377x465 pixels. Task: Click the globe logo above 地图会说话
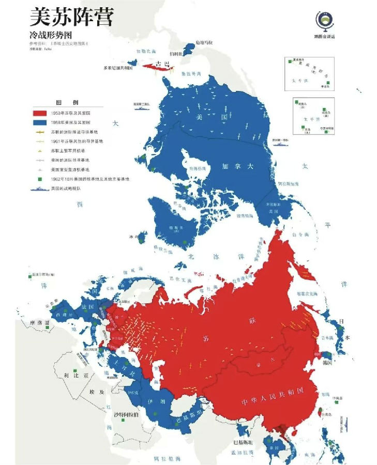tap(324, 20)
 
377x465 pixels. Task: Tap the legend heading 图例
tap(69, 102)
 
